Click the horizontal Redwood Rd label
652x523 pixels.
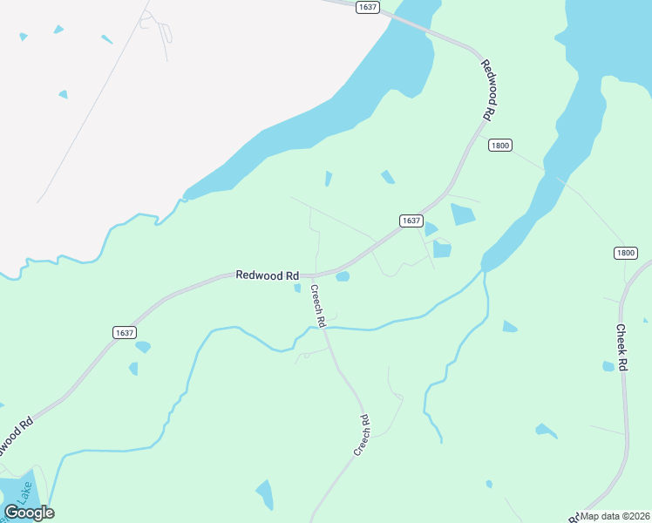click(x=268, y=275)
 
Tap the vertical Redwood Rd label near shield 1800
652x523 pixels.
click(x=490, y=91)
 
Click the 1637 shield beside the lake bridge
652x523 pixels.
click(x=368, y=7)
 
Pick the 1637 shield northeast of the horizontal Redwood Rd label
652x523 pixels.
click(x=411, y=221)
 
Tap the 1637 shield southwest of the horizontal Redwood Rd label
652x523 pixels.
click(x=125, y=332)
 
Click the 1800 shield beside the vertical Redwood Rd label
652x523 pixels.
click(x=499, y=145)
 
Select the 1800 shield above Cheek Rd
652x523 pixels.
click(x=625, y=253)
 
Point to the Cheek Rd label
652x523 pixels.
click(x=622, y=348)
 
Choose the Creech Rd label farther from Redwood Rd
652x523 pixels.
click(x=363, y=435)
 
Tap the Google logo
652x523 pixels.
click(x=29, y=513)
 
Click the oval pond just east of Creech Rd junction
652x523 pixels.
click(x=343, y=277)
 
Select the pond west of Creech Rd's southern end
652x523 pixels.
click(x=264, y=494)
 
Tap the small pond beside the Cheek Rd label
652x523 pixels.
click(x=608, y=366)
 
